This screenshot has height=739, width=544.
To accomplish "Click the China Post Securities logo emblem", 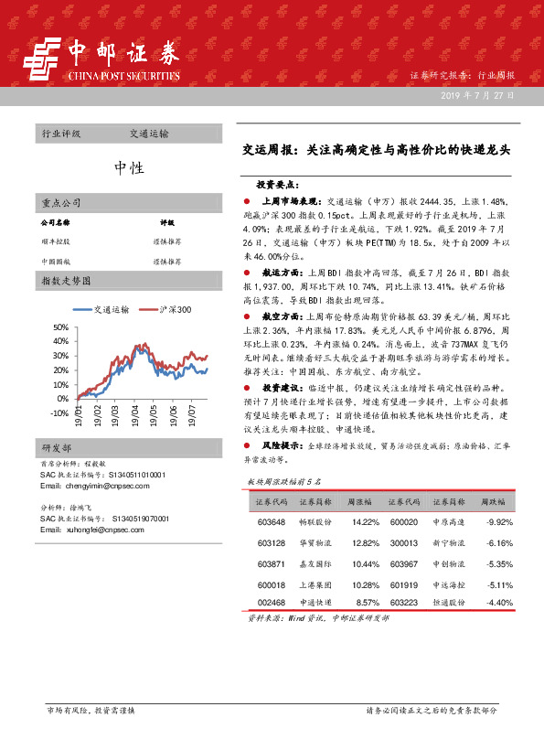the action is point(38,63).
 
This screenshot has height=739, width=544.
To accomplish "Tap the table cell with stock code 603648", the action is point(272,522).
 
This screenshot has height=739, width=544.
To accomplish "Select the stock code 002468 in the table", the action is point(272,603).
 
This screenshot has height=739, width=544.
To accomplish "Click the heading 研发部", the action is point(57,448).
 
